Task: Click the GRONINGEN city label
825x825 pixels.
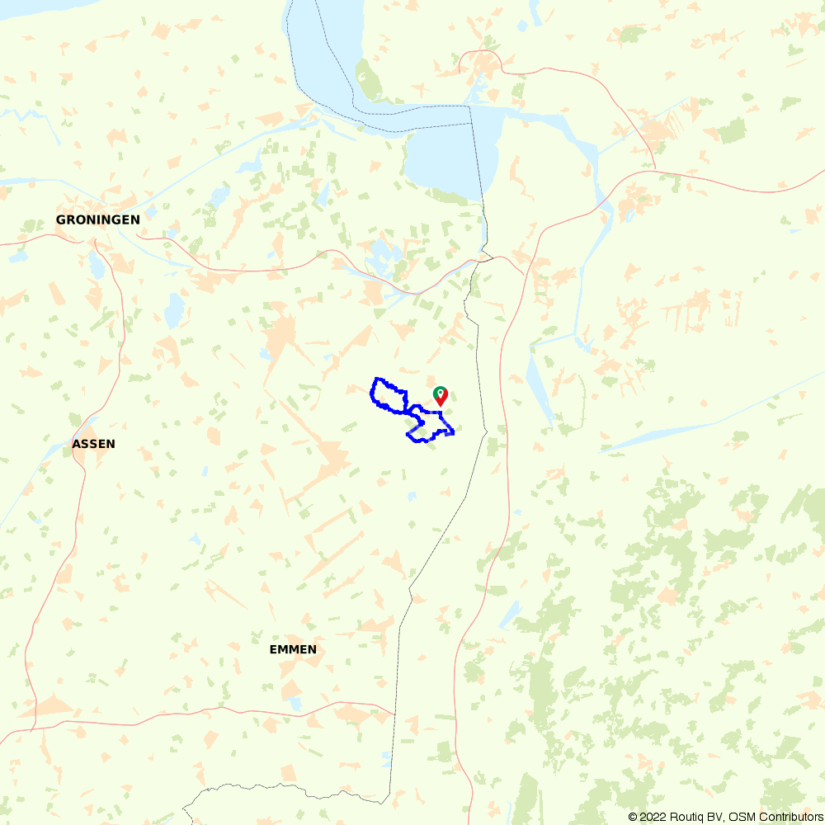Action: click(x=97, y=220)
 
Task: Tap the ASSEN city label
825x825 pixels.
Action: click(x=94, y=444)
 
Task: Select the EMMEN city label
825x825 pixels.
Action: click(x=293, y=649)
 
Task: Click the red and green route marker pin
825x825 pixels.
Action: click(x=441, y=394)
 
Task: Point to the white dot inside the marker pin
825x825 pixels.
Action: click(x=441, y=391)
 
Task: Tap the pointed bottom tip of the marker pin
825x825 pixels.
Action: click(x=441, y=404)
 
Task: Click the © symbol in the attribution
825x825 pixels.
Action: click(x=633, y=817)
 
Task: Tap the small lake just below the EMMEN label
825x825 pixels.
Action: click(x=295, y=704)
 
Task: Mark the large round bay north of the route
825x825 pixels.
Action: click(x=445, y=161)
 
